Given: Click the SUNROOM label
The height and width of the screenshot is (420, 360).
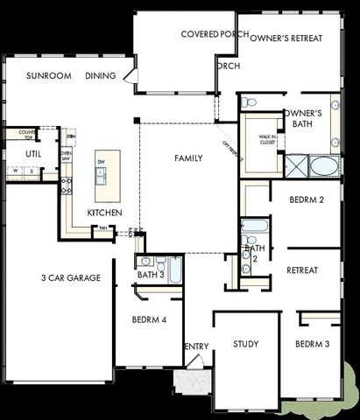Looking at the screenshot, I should (48, 76).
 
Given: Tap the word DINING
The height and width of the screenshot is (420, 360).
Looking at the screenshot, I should (101, 76).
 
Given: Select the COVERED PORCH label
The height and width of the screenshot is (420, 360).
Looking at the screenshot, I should (214, 34).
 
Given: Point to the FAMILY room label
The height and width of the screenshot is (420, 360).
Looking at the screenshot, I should (188, 158).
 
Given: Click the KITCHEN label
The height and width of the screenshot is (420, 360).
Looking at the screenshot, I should (104, 213).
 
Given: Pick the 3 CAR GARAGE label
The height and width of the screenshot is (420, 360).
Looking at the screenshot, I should (71, 278).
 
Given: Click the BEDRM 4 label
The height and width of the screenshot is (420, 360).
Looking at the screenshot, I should (150, 319).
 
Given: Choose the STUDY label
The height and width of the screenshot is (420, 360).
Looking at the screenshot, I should (246, 344).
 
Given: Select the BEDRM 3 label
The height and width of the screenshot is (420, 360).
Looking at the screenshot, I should (312, 344).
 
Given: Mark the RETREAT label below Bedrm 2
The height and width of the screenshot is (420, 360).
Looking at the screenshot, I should (302, 270).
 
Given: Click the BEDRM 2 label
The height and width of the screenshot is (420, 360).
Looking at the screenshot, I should (307, 200).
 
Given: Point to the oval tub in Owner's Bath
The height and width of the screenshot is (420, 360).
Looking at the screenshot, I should (323, 166).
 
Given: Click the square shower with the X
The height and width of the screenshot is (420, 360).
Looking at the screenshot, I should (295, 165).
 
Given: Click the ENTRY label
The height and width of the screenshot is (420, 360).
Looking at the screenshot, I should (197, 346).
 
